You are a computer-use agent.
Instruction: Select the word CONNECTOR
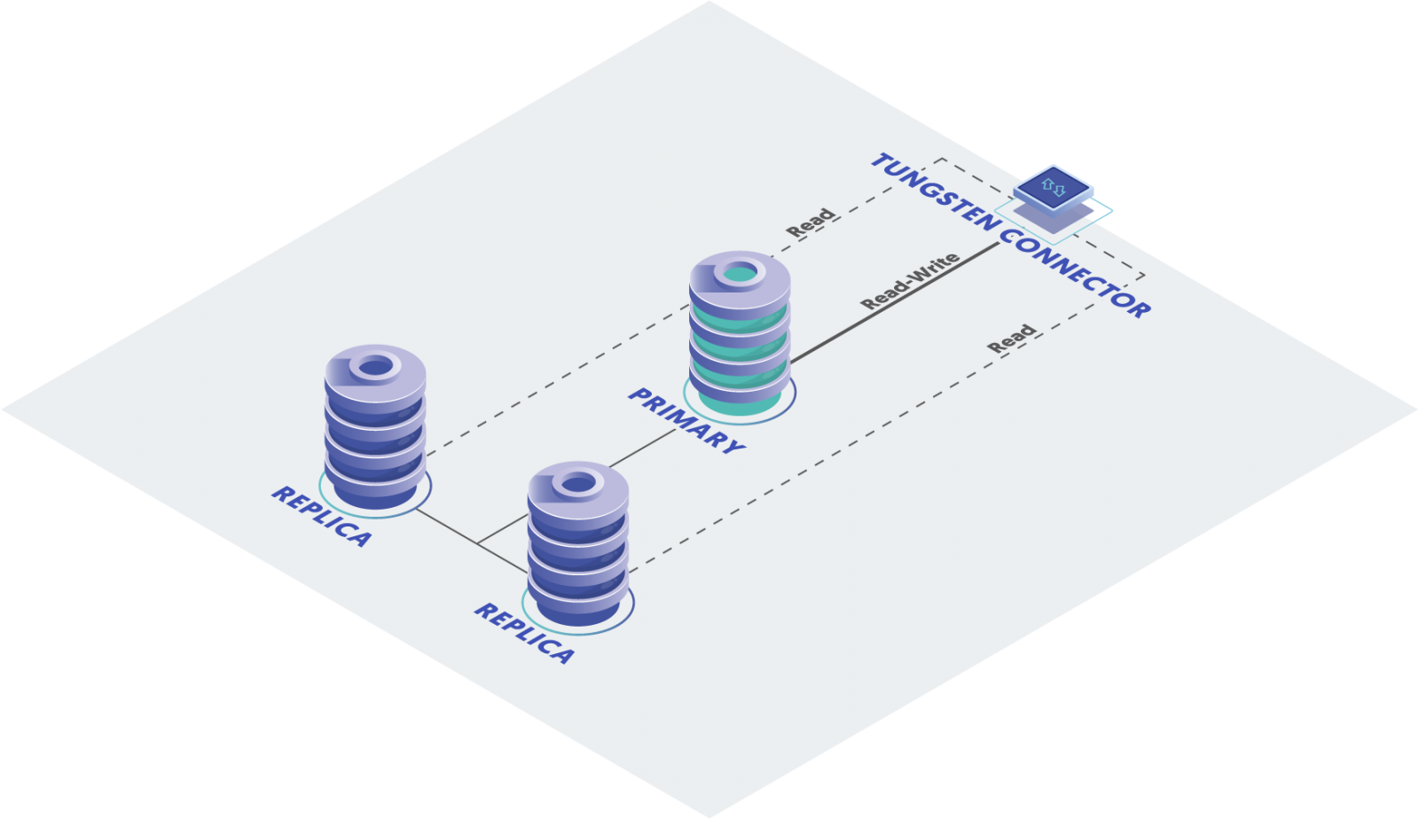(1076, 274)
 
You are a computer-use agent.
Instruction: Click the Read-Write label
(910, 281)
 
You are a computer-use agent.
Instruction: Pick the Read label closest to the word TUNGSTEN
(811, 222)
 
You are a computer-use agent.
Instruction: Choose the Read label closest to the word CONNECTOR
(1012, 339)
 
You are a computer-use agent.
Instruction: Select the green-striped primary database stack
(740, 333)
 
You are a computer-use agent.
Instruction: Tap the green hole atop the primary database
(740, 275)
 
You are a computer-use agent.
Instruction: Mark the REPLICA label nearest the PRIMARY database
(525, 633)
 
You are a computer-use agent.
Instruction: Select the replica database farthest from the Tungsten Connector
(375, 427)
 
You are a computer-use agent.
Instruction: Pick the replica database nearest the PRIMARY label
(577, 544)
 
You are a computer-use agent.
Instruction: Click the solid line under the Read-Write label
(895, 303)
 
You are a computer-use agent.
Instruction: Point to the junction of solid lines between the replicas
(478, 543)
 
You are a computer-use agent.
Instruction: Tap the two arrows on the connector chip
(1053, 187)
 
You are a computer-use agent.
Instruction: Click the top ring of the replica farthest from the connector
(375, 367)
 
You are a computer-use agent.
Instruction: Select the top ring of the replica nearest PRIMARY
(577, 484)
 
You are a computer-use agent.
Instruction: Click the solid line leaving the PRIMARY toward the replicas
(642, 448)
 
